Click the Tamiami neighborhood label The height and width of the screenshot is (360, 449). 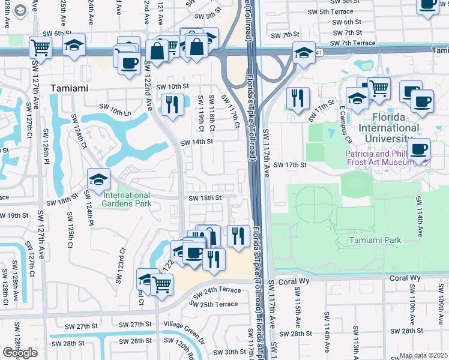(x=69, y=88)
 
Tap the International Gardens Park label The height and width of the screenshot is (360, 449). (x=126, y=199)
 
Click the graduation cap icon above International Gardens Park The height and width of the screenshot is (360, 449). (x=99, y=178)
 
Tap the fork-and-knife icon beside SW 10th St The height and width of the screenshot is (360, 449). (x=172, y=104)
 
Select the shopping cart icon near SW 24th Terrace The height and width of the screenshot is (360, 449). (x=161, y=284)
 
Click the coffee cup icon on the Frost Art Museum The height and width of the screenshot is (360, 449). (x=418, y=148)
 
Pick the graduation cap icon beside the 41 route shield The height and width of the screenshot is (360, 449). (x=304, y=53)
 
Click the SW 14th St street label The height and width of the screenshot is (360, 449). (x=197, y=142)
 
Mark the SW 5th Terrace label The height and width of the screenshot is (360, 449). (x=355, y=11)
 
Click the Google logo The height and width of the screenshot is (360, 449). (x=20, y=353)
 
